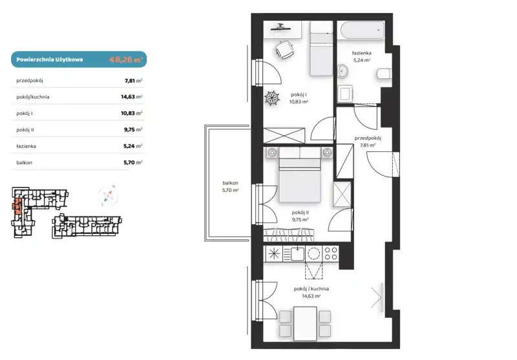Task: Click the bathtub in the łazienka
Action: pos(362,30)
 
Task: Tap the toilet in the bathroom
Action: pos(384,74)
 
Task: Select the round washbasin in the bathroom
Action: pos(343,70)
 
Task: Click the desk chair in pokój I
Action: pos(284,49)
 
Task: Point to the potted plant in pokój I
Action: pos(272,98)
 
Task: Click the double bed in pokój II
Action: pos(300,175)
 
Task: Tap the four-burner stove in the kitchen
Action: pos(330,253)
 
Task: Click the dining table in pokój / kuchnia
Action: pos(305,324)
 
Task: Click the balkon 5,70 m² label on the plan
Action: pos(230,186)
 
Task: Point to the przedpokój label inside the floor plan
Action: pos(368,138)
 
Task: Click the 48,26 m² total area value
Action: pos(125,59)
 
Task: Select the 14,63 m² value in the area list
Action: pos(132,97)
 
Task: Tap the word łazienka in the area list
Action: pos(26,146)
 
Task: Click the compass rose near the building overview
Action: pos(108,196)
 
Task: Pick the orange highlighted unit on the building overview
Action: pos(17,207)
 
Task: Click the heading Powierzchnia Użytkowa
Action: pos(50,59)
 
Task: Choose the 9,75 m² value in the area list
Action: pos(133,129)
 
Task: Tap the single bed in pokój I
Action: pos(321,48)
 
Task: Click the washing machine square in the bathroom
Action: pos(345,93)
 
